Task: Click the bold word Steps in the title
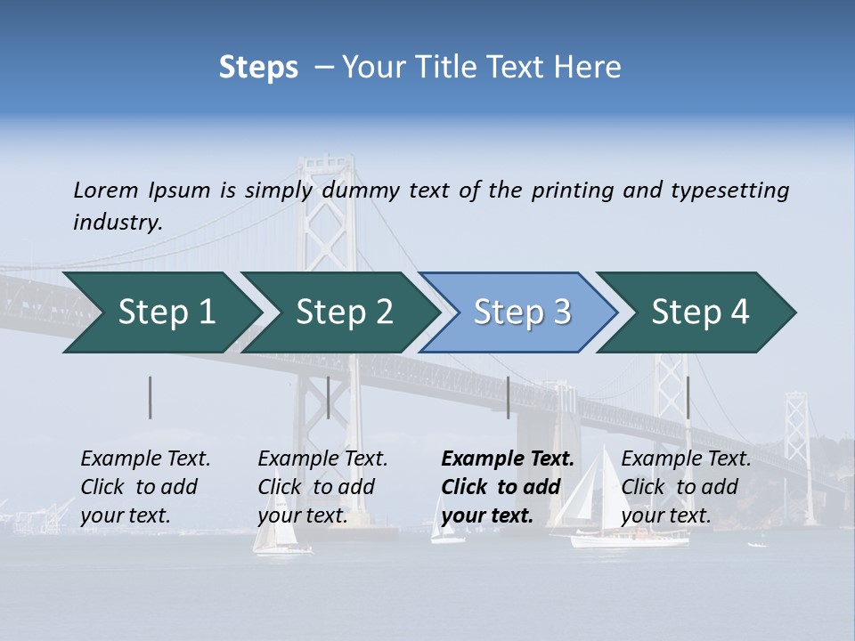pyautogui.click(x=258, y=68)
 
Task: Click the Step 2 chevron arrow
pyautogui.click(x=338, y=312)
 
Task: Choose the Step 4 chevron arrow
pyautogui.click(x=696, y=312)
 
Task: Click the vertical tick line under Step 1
pyautogui.click(x=151, y=397)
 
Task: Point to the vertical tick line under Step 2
pyautogui.click(x=329, y=397)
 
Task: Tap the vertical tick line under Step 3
pyautogui.click(x=508, y=397)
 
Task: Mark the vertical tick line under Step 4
pyautogui.click(x=688, y=397)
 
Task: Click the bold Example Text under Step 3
pyautogui.click(x=508, y=459)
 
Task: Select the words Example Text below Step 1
pyautogui.click(x=145, y=459)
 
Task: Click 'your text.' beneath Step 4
pyautogui.click(x=665, y=515)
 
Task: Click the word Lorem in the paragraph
pyautogui.click(x=106, y=191)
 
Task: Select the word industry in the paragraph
pyautogui.click(x=117, y=223)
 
